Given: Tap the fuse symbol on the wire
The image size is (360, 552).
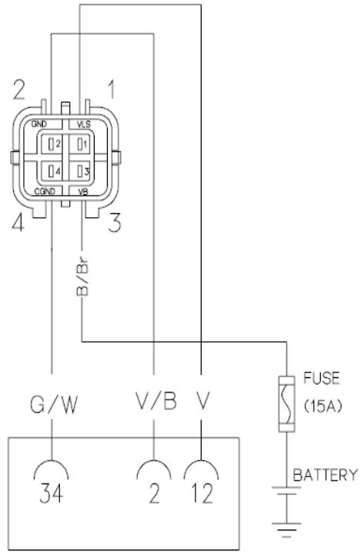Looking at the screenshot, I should click(x=288, y=400).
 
